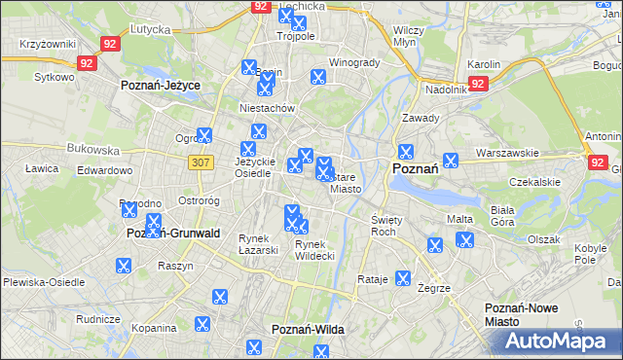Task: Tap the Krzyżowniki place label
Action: pos(46,46)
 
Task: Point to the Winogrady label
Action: pos(354,62)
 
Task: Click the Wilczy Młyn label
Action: pos(406,36)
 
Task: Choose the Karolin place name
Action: pos(484,64)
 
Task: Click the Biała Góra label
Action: pos(502,215)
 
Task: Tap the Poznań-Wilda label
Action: pos(308,330)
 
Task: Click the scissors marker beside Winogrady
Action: pos(317,78)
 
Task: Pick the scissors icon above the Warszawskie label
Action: pos(451,161)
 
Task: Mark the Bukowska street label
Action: pos(92,151)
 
